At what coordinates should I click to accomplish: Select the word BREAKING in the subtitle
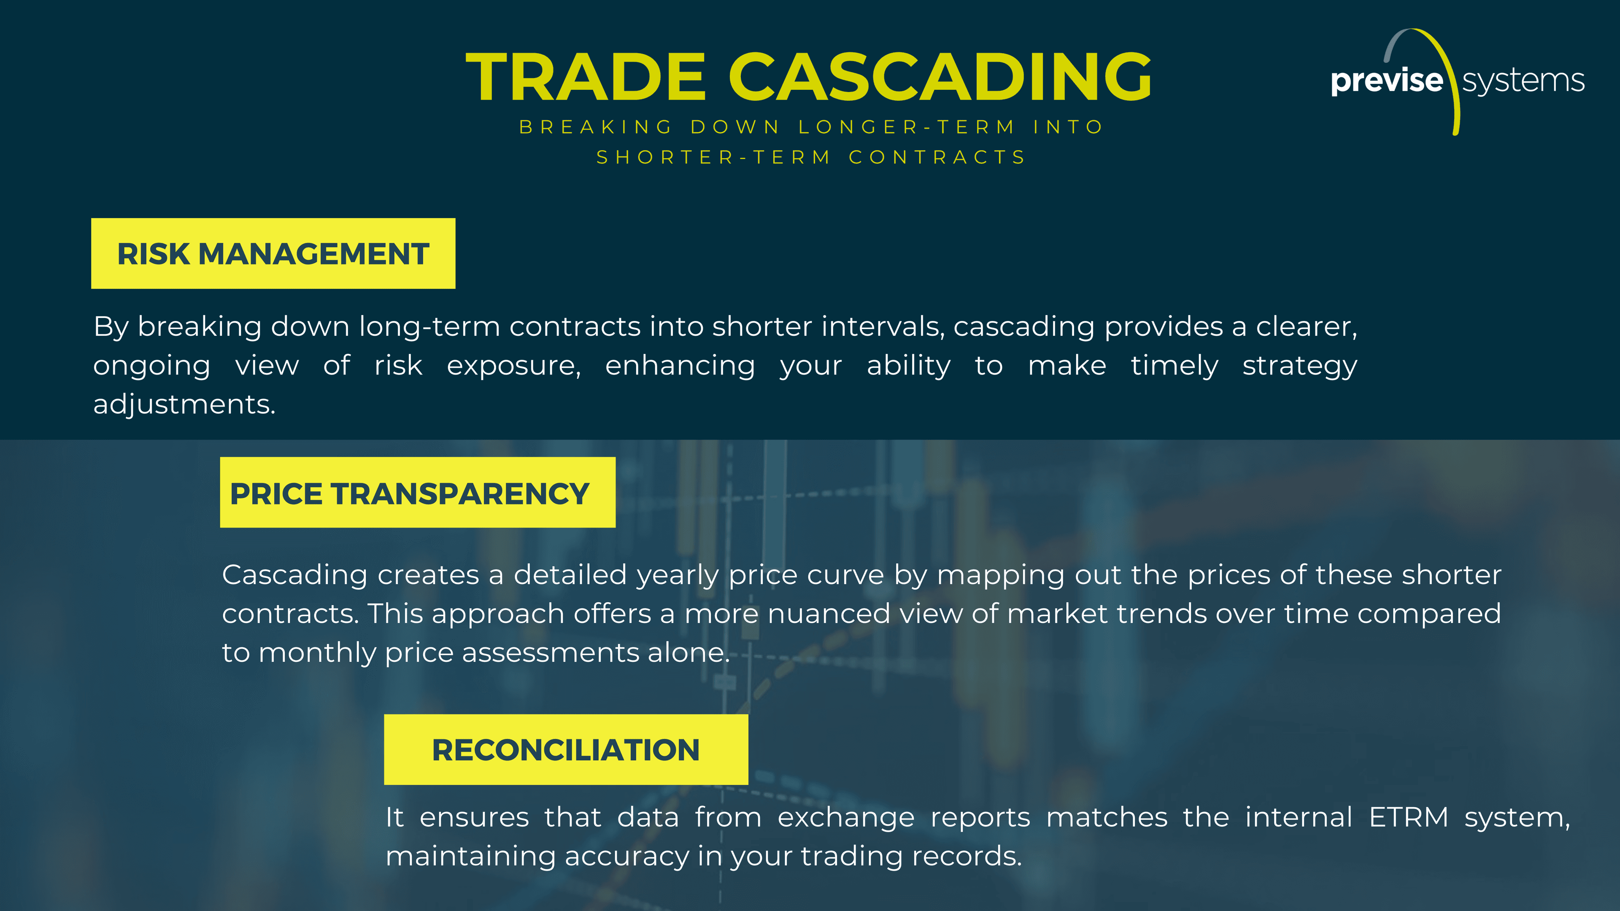(596, 127)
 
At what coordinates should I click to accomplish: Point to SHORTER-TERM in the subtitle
(714, 157)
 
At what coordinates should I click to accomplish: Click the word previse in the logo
(1387, 81)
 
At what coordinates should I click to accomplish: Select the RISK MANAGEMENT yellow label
(273, 253)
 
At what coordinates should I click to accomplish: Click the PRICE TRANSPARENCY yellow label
(418, 492)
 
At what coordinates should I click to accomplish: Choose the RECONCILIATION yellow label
(566, 749)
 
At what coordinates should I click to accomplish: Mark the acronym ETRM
(1409, 818)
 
